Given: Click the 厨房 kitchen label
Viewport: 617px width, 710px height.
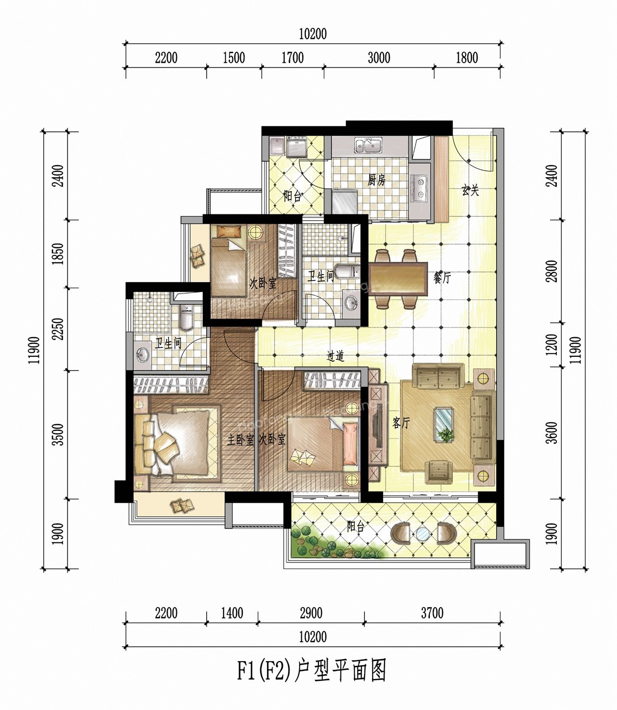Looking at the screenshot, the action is pyautogui.click(x=376, y=180).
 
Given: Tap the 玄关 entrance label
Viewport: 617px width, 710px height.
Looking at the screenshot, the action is pyautogui.click(x=470, y=190).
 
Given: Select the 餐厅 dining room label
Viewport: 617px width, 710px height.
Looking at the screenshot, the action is pyautogui.click(x=442, y=277).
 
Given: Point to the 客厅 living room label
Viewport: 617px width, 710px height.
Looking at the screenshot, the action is pyautogui.click(x=401, y=423).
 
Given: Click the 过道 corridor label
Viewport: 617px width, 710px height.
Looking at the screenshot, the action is pyautogui.click(x=336, y=356).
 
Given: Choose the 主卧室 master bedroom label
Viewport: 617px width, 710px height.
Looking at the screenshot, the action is pyautogui.click(x=241, y=440).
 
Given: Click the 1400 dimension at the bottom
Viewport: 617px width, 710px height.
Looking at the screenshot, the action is pyautogui.click(x=232, y=613).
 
